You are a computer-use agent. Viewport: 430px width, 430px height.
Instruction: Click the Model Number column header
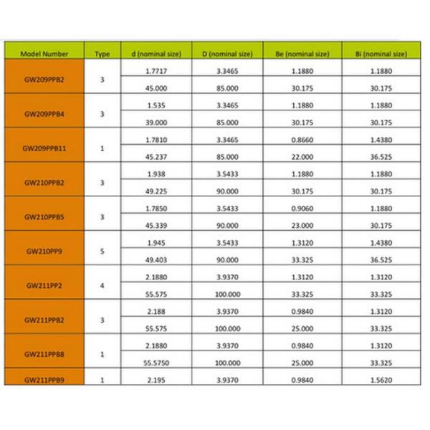(x=44, y=54)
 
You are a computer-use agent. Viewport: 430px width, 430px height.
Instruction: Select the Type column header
(x=102, y=54)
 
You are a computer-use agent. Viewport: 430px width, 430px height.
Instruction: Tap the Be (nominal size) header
(x=302, y=54)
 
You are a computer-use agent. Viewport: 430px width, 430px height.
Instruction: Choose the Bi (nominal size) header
(x=381, y=54)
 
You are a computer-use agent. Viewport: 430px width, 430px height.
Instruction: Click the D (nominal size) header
(x=227, y=54)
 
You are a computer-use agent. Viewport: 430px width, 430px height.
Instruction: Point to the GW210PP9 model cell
(x=44, y=252)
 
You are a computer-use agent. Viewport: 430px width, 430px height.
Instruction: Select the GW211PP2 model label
(x=44, y=285)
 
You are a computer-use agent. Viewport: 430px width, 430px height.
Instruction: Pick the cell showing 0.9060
(x=302, y=209)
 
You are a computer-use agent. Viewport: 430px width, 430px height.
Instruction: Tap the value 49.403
(x=156, y=260)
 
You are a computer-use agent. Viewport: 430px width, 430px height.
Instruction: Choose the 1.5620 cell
(x=381, y=380)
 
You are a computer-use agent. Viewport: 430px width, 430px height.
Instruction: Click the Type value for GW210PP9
(x=102, y=252)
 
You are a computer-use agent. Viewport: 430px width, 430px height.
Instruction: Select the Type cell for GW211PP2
(x=102, y=285)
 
